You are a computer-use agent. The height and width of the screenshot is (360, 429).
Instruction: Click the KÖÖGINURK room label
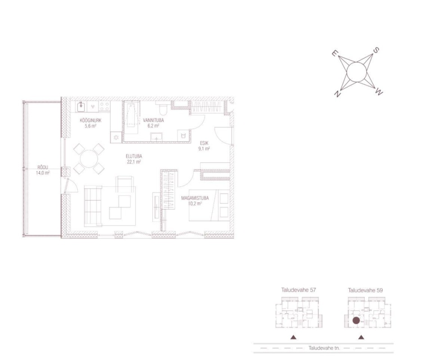(90, 121)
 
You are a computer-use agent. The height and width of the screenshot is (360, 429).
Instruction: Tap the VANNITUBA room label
(153, 121)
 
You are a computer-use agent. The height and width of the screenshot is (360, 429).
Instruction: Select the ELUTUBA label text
(134, 156)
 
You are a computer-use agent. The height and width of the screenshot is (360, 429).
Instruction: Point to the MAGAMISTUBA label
(195, 198)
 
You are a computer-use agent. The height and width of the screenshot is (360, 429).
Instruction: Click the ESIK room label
(204, 143)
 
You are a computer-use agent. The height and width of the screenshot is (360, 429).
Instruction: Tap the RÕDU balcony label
(43, 167)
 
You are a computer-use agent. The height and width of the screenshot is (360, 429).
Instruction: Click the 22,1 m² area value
(134, 162)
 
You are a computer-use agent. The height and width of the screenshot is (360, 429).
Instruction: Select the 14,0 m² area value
(43, 173)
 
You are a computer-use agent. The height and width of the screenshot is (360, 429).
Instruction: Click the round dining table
(89, 159)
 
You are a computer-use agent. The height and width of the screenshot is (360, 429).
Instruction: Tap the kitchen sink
(81, 106)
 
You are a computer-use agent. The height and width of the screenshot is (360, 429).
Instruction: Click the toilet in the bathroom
(163, 109)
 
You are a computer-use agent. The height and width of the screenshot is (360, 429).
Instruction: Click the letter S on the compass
(376, 50)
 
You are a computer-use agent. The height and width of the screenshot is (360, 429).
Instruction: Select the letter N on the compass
(337, 94)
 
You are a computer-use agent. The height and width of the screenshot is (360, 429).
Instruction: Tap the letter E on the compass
(334, 53)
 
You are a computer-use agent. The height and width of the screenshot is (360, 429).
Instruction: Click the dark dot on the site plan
(356, 320)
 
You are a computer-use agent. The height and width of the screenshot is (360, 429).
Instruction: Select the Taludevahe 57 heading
(299, 290)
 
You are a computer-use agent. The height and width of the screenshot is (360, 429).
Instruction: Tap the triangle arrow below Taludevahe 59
(361, 337)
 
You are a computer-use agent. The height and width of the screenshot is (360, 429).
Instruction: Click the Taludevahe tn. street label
(324, 348)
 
